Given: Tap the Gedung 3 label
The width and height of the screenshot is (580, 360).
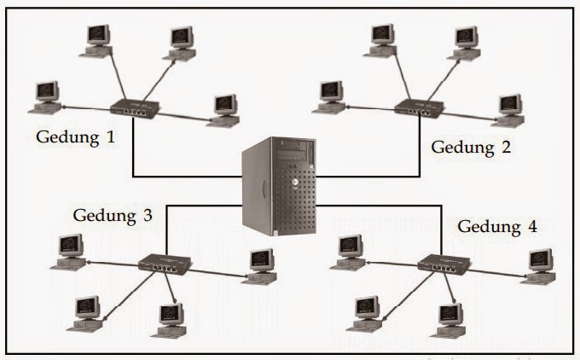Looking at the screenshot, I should point(113,215).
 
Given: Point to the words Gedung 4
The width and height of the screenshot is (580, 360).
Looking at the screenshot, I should point(498,227).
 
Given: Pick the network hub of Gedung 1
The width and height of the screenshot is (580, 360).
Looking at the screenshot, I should point(136,108).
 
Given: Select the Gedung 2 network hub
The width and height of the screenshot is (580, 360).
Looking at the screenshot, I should point(418,108).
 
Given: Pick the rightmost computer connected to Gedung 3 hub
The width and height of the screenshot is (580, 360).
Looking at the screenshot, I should point(262,265).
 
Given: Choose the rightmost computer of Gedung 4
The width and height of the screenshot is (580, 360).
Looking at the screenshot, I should point(540,265).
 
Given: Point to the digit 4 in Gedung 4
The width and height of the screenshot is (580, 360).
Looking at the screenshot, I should point(533,227).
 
